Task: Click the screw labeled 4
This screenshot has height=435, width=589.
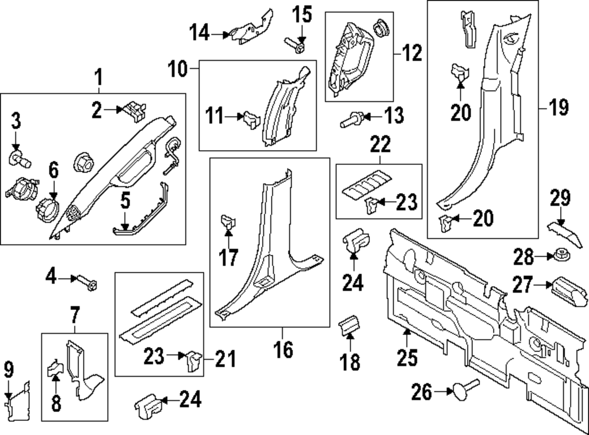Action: [88, 281]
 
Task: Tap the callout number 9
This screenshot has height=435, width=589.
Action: [8, 370]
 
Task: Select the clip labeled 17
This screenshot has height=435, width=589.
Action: [229, 223]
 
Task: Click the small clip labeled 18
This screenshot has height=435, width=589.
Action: [350, 326]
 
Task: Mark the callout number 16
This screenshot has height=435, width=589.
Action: [283, 350]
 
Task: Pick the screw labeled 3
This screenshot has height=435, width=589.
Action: [20, 157]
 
